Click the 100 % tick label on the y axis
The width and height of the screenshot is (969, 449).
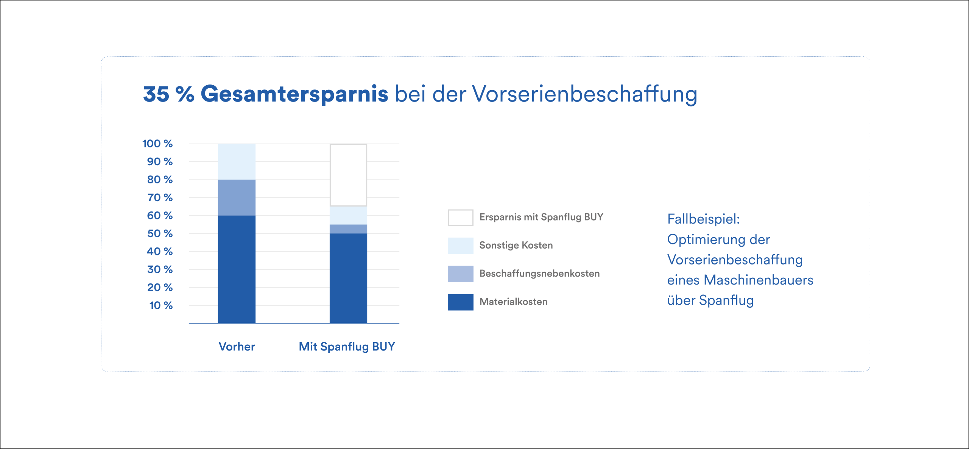pos(157,144)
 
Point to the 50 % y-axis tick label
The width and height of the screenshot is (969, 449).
pos(160,233)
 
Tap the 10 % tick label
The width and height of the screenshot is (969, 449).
pos(161,305)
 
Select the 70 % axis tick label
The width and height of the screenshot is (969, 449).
pos(160,197)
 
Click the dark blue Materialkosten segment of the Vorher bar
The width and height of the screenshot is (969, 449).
pos(237,269)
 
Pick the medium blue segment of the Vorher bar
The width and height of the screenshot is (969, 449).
pos(237,197)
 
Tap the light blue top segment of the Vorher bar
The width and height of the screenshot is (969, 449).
pos(237,161)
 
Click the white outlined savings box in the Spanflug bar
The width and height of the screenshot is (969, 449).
pos(348,175)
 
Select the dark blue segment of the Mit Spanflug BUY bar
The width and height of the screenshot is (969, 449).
pos(348,278)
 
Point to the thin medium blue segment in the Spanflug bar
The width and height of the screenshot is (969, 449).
pos(348,229)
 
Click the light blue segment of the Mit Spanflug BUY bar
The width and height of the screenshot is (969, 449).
pos(348,215)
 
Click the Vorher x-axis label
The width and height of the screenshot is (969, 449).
pos(237,346)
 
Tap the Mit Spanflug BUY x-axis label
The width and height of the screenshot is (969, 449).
pos(347,346)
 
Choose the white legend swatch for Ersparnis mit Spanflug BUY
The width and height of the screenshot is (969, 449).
pos(460,217)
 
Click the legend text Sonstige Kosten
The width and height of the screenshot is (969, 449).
pos(516,245)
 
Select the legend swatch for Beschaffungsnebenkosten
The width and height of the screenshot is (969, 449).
pos(460,274)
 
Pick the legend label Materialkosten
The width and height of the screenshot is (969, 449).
pos(513,302)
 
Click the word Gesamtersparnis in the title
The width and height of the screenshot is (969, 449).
pos(294,94)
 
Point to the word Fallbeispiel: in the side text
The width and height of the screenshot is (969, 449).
pos(703,219)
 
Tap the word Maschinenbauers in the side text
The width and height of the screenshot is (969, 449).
pos(758,280)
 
